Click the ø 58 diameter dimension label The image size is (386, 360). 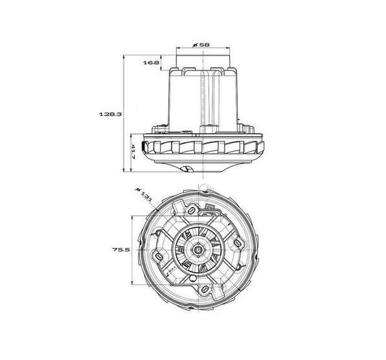(x=201, y=45)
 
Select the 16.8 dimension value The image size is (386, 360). (x=151, y=63)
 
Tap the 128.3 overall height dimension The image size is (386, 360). (x=110, y=114)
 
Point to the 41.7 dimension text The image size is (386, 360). (x=133, y=152)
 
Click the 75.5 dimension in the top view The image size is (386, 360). (x=121, y=249)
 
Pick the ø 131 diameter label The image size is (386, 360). (x=144, y=195)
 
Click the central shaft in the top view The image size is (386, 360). (x=198, y=249)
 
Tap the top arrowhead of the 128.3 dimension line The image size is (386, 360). (x=123, y=57)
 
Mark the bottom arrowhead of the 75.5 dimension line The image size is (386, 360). (x=132, y=283)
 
